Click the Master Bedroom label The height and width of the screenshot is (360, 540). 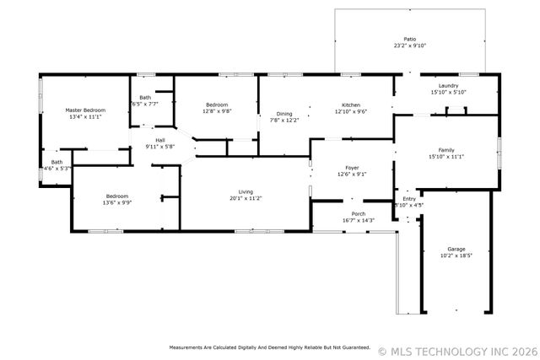tap(84, 110)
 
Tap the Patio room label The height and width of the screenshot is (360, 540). tap(409, 39)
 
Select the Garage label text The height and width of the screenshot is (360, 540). tap(456, 250)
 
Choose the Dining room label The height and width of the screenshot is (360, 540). tap(285, 114)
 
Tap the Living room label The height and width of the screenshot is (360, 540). tap(245, 191)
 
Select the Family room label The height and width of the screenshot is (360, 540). tap(446, 150)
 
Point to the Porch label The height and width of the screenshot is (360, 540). tap(359, 213)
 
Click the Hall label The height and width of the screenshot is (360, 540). tap(159, 140)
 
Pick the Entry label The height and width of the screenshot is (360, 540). tap(409, 198)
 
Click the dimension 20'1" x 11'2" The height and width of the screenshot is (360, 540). tap(245, 198)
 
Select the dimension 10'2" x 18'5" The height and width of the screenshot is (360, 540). tap(456, 256)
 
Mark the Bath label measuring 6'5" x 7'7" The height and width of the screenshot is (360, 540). tap(145, 98)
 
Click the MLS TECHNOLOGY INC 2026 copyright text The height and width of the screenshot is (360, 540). tap(456, 349)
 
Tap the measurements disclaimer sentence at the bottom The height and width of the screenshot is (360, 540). tap(269, 347)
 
